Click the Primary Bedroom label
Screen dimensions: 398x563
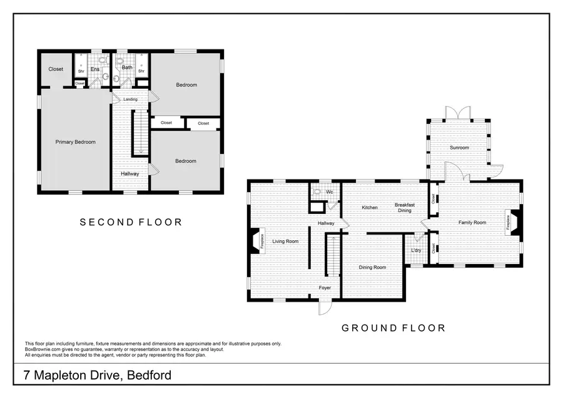point(76,142)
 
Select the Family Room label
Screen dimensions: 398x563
point(472,222)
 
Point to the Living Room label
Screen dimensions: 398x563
point(285,241)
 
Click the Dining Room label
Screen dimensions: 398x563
point(372,267)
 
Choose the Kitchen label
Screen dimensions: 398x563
point(370,207)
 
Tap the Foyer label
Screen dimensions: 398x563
point(325,288)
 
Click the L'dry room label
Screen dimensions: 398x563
point(416,251)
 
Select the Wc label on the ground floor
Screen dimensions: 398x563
point(329,191)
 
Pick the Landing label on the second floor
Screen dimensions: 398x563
point(130,99)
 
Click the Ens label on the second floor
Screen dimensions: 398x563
point(94,69)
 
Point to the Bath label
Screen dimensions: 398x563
point(127,67)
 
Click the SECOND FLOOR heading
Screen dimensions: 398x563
point(131,222)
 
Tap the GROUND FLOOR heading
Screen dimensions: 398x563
point(393,328)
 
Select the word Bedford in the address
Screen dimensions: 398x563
point(150,375)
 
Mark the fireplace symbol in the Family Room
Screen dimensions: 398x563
point(512,222)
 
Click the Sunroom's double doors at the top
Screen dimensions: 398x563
point(458,113)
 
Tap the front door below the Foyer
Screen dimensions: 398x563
point(324,307)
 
